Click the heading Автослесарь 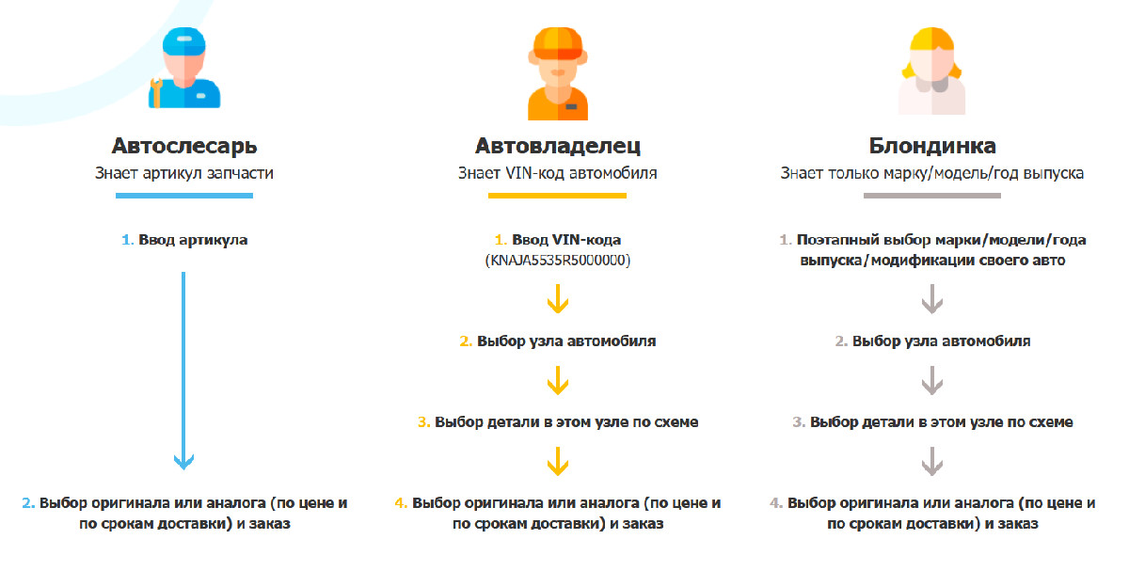click(x=184, y=146)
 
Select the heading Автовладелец click(x=557, y=146)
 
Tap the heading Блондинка click(x=932, y=146)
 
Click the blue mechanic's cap click(x=184, y=40)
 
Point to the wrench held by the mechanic click(x=156, y=93)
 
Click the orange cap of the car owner click(x=558, y=43)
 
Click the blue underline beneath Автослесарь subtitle click(x=184, y=196)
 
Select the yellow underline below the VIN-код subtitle click(x=557, y=196)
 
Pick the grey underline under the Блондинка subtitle click(x=932, y=196)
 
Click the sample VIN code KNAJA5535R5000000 click(x=557, y=260)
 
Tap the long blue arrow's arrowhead click(x=183, y=462)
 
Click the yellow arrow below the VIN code click(x=557, y=299)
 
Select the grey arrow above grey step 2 click(x=932, y=299)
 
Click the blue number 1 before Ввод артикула click(x=127, y=240)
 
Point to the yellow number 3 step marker click(x=423, y=421)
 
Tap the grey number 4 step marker click(x=775, y=503)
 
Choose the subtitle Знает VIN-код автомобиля click(x=557, y=173)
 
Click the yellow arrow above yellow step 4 click(x=557, y=461)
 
